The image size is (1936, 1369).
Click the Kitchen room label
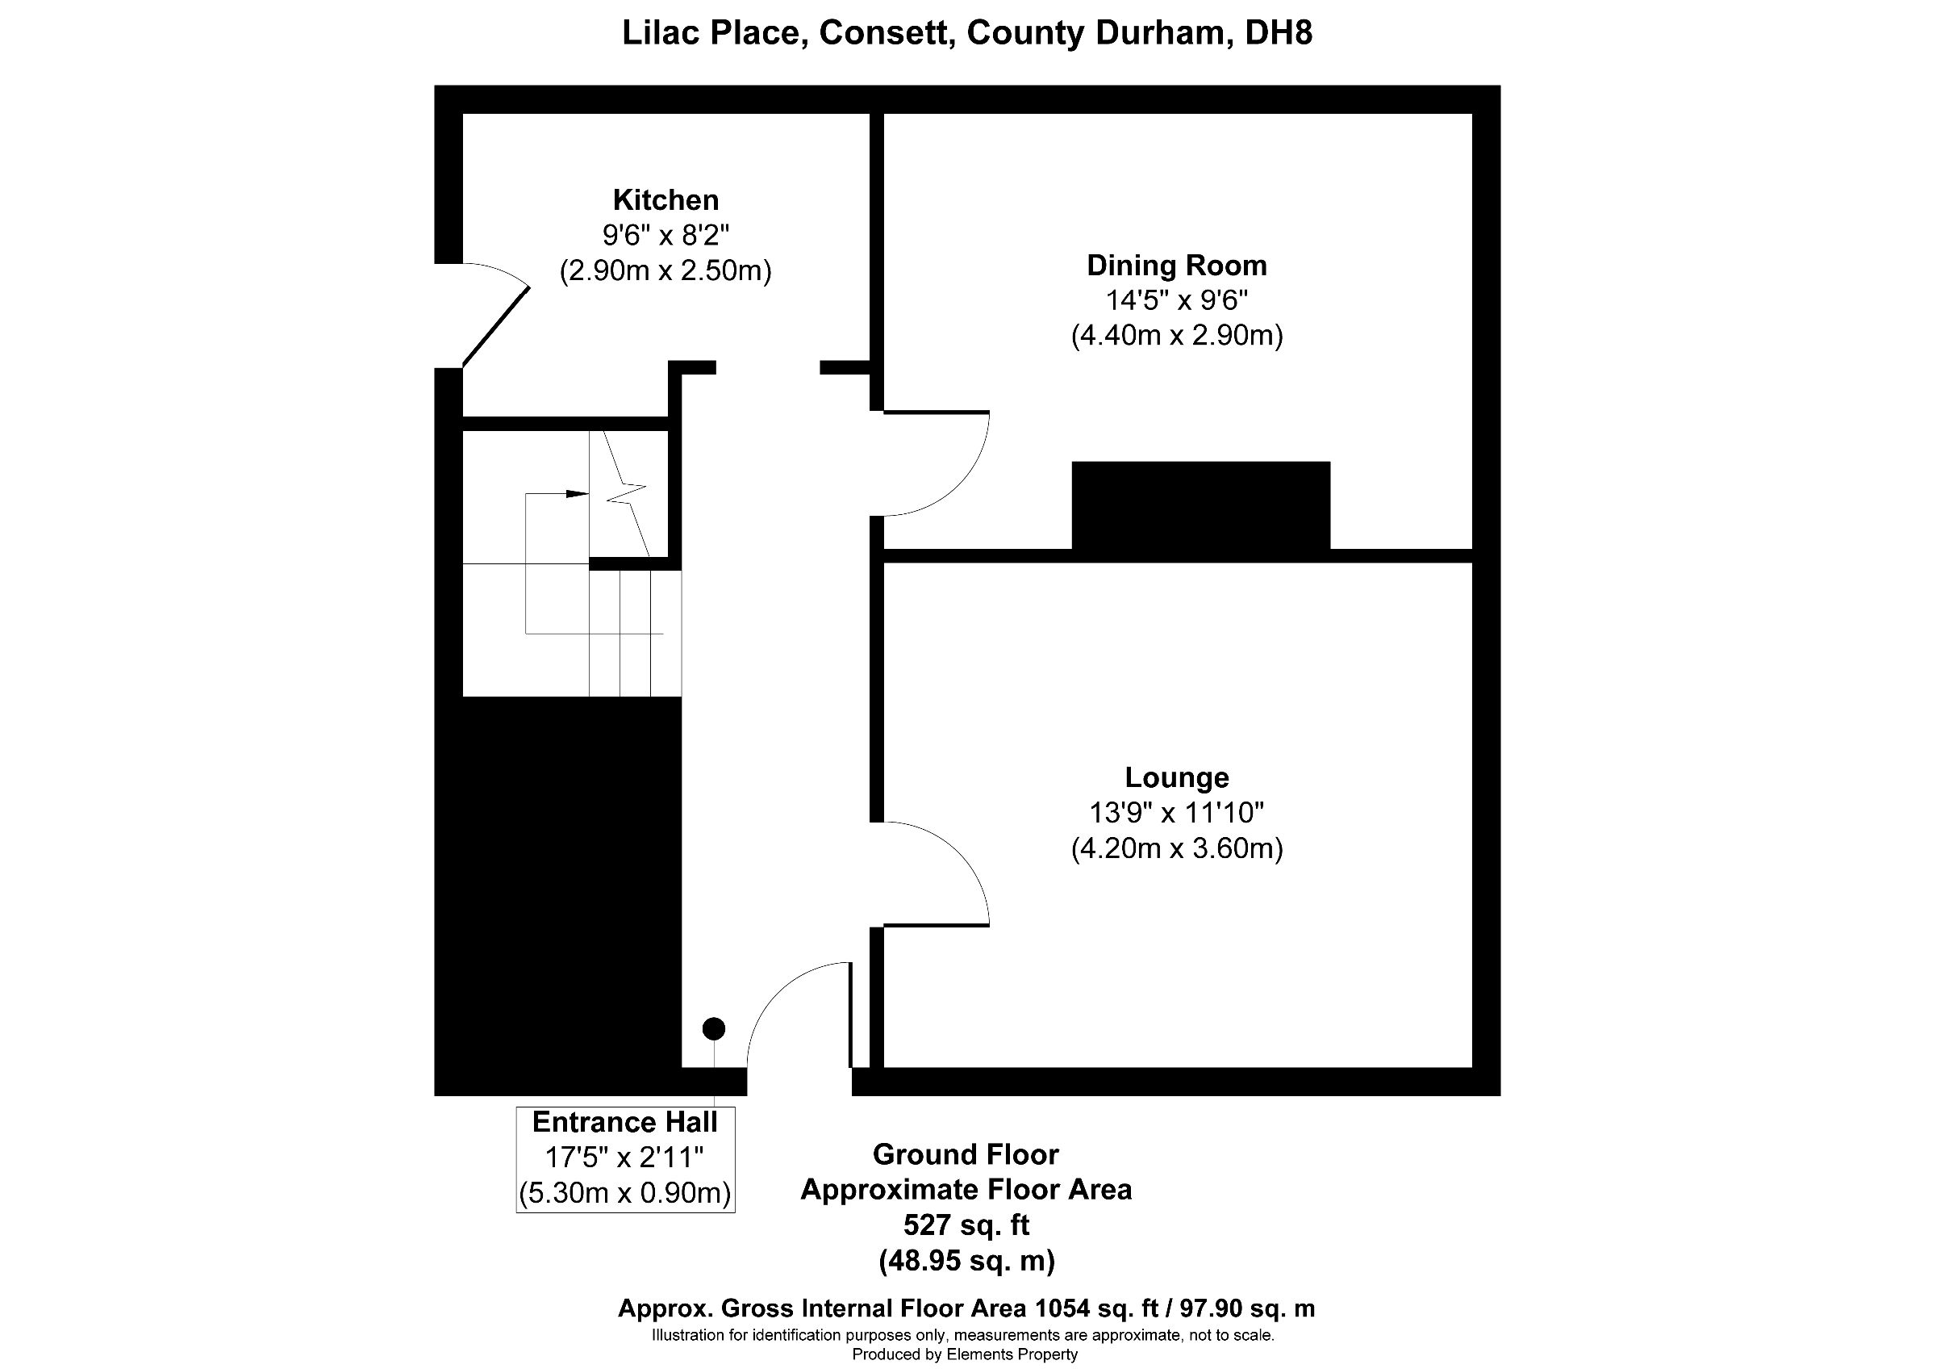[665, 200]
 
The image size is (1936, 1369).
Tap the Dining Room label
[1176, 266]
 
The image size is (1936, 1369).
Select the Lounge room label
[1176, 777]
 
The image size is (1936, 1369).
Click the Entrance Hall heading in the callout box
[625, 1122]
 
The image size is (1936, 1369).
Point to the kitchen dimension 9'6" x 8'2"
[665, 235]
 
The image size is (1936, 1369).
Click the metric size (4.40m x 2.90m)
[1176, 336]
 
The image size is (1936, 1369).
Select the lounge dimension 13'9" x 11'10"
[1176, 812]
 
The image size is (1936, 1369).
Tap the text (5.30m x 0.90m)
[625, 1193]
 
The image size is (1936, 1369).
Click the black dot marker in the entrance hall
[713, 1028]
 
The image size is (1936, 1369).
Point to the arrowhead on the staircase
[577, 493]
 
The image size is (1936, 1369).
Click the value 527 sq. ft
[966, 1224]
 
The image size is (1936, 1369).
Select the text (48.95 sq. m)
[966, 1260]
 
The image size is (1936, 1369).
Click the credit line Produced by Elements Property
[965, 1354]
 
